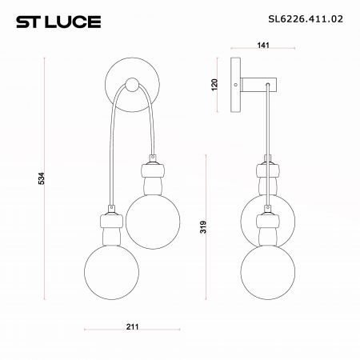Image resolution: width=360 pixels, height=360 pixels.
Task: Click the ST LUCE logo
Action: point(58,22)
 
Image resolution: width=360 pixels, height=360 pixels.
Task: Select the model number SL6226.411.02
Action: point(306,19)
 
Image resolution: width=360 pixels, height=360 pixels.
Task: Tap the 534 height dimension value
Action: point(42,178)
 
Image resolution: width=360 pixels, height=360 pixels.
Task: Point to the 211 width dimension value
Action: point(133,326)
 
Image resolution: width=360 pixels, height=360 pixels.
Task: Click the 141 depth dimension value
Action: point(263,46)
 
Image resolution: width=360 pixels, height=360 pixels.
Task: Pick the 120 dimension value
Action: point(214,85)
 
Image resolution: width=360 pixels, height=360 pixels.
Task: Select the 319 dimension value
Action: point(203,227)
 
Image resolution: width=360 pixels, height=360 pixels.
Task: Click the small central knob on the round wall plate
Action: point(132,85)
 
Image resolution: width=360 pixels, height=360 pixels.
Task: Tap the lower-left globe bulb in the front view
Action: point(111,272)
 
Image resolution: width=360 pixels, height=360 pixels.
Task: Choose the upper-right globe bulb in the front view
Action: point(153,222)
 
